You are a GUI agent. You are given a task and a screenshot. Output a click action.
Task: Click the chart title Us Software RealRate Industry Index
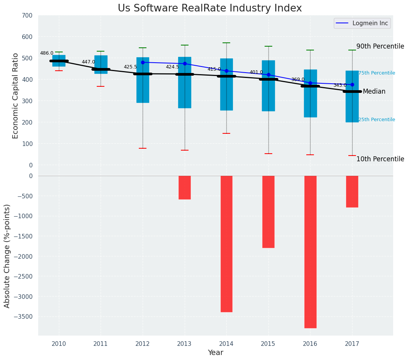210,8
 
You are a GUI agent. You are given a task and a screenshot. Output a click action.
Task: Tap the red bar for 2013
185,187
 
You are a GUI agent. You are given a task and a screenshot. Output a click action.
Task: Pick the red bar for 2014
226,244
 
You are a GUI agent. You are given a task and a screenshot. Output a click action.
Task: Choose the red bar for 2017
352,191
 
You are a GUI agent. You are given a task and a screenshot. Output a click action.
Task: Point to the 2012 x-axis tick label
143,344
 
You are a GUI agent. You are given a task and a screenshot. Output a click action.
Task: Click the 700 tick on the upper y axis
27,16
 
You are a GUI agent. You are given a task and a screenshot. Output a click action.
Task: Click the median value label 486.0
47,53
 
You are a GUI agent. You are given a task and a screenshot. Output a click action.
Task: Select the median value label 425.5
130,67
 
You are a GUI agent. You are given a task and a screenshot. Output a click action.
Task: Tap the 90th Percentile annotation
380,46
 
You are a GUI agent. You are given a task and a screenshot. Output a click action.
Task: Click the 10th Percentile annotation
380,159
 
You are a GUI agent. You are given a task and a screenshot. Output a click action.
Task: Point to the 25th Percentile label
377,120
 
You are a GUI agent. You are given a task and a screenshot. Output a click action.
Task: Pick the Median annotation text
374,92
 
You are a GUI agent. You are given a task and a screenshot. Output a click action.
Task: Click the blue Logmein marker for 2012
143,62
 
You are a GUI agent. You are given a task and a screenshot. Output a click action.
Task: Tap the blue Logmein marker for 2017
352,84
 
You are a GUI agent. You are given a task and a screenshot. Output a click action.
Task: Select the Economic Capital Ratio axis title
16,96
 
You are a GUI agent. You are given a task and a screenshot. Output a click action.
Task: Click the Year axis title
215,353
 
